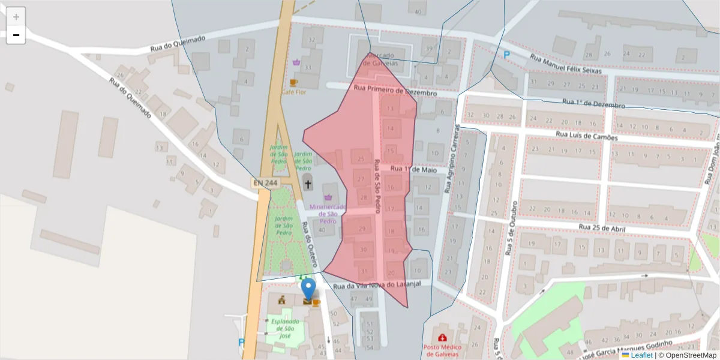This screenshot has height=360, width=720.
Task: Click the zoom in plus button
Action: click(x=16, y=17)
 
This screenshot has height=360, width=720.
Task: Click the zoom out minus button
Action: click(x=16, y=35)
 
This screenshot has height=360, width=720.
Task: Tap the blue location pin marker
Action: click(x=308, y=290)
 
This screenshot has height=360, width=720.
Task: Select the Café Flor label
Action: click(x=293, y=92)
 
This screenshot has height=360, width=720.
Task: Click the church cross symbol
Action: click(x=308, y=184)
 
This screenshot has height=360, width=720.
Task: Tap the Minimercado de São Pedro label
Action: click(x=328, y=214)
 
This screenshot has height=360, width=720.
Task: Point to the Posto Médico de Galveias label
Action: click(x=442, y=350)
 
